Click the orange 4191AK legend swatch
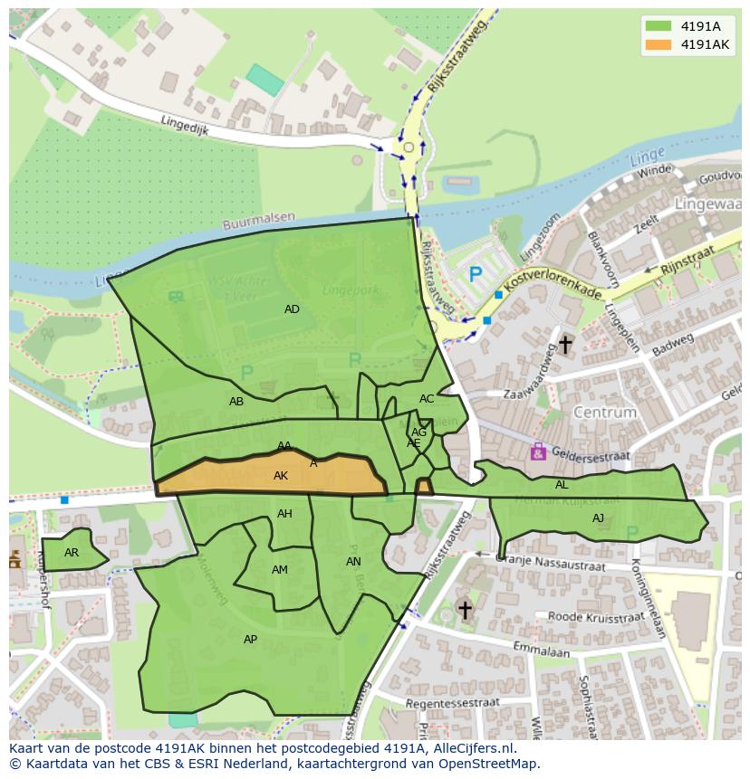coord(659,44)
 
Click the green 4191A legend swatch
coord(659,26)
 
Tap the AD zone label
coord(292,309)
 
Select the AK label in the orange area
coord(281,476)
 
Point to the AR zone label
coord(72,553)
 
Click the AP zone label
coord(250,640)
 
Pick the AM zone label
coord(280,570)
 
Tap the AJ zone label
coord(598,518)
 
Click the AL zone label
coord(562,485)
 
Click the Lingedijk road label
coord(185,125)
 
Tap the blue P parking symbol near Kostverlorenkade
coord(475,274)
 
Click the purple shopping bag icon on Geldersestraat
coord(538,451)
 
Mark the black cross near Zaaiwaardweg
coord(565,345)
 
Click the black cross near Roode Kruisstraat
coord(465,611)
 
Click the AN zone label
coord(353,562)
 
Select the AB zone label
coord(236,402)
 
